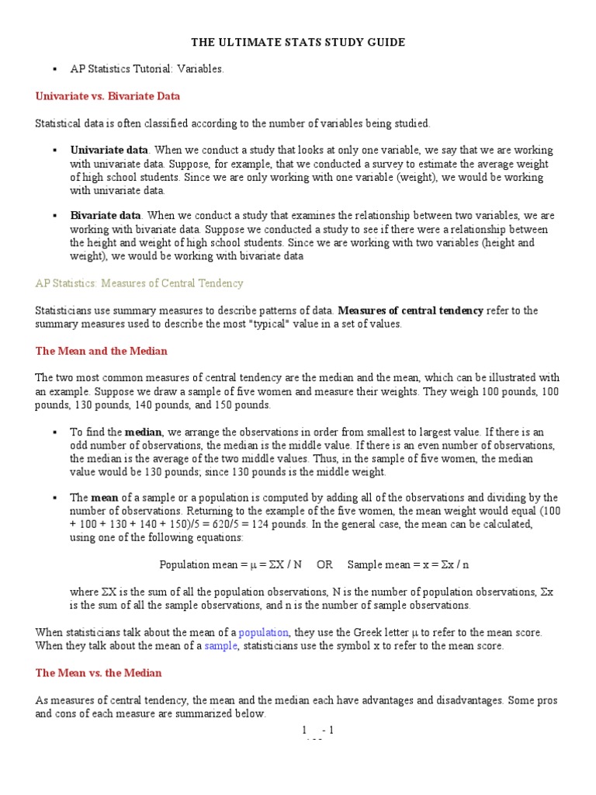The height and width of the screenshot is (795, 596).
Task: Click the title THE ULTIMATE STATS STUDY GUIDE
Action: (x=298, y=43)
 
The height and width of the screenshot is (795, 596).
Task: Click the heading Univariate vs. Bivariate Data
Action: (x=108, y=96)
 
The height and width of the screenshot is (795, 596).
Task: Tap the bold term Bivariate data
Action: (x=106, y=215)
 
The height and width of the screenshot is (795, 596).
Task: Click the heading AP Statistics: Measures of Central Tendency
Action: (x=140, y=283)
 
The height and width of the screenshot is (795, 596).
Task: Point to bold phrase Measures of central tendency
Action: (x=411, y=311)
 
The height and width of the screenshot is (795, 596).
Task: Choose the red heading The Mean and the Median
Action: (x=102, y=351)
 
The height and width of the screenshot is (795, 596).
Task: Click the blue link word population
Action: (x=264, y=632)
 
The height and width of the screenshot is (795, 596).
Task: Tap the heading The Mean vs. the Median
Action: (x=99, y=673)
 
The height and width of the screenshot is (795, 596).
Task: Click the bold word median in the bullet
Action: (x=144, y=432)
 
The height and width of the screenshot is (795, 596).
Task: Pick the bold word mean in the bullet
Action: (x=105, y=498)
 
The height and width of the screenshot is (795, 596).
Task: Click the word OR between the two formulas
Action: (x=324, y=564)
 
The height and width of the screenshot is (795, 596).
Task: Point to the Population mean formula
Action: (x=230, y=564)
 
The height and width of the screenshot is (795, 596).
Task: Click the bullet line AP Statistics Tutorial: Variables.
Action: (x=147, y=69)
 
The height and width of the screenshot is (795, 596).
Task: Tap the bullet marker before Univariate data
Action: (x=54, y=150)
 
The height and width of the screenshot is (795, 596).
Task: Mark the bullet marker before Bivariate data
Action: (x=54, y=215)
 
